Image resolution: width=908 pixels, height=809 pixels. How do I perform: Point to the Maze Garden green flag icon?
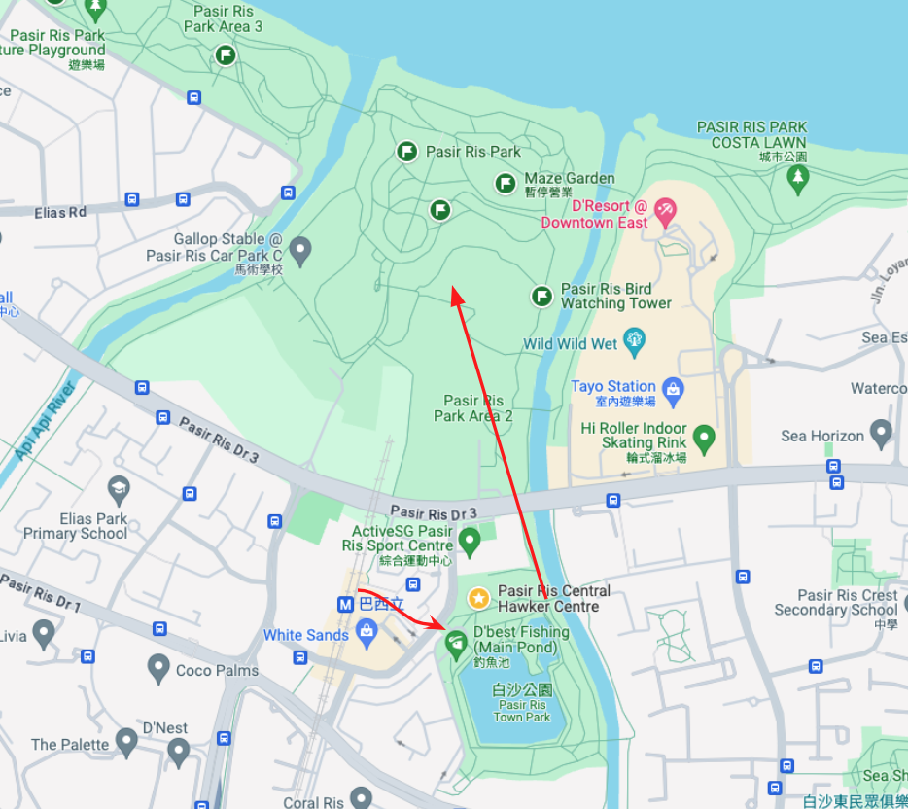point(506,183)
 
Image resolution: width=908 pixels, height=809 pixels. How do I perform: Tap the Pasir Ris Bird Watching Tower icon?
point(542,296)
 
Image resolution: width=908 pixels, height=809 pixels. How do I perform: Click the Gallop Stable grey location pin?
point(300,251)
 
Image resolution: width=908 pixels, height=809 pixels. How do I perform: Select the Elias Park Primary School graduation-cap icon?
point(119,487)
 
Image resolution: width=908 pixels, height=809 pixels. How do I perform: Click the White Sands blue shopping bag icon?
point(367,634)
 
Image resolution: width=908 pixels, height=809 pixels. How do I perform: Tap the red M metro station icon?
point(345,604)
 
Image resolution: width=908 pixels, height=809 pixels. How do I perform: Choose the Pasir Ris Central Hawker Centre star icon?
point(478,598)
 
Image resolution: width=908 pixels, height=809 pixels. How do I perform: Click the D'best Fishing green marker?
point(455,643)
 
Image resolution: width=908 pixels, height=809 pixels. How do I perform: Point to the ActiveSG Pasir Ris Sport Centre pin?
point(470,540)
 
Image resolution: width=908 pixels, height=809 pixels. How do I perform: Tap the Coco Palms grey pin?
point(158,668)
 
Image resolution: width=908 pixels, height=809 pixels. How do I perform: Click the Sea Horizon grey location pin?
point(882,433)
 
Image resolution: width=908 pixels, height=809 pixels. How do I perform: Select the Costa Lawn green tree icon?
point(798,178)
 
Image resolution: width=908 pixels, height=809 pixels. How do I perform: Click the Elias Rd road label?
point(60,211)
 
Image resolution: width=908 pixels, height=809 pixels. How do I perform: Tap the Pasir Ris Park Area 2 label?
point(473,408)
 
